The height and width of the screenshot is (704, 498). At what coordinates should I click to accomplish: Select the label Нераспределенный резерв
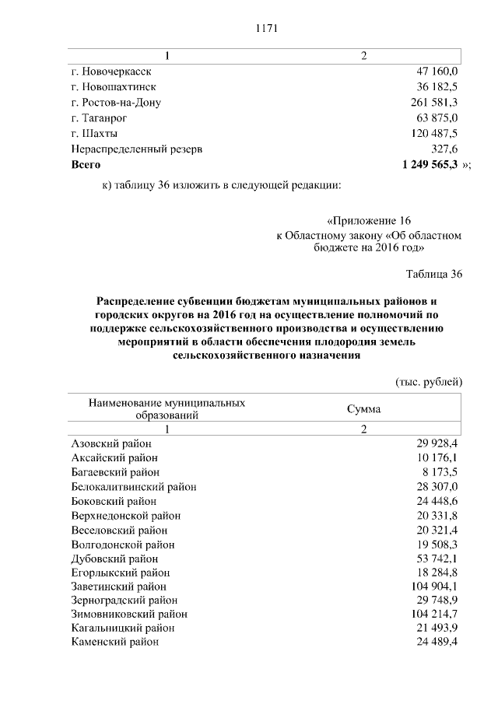137,149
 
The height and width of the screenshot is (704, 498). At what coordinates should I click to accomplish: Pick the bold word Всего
86,165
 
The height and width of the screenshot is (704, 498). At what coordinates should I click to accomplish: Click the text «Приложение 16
368,220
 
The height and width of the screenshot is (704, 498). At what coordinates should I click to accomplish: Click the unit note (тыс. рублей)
430,381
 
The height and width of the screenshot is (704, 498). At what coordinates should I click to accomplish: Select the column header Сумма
363,409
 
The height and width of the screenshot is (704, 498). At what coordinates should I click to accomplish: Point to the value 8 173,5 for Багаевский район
440,472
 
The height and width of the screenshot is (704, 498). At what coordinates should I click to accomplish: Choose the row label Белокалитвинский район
133,487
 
